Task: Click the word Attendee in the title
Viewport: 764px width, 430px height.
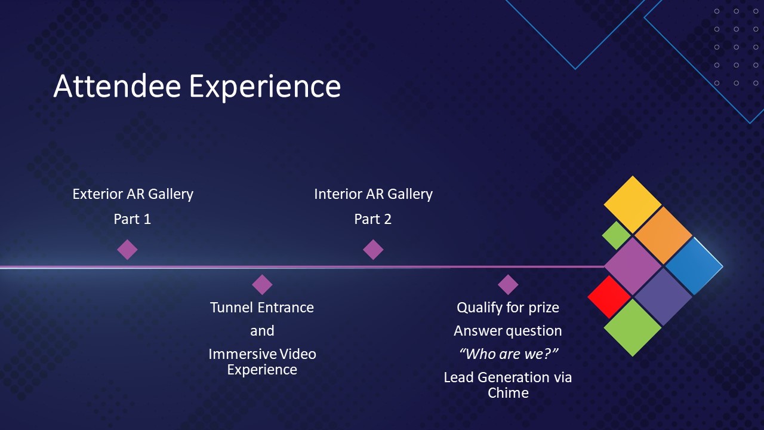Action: point(117,87)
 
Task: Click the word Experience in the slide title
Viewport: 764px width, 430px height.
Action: point(265,87)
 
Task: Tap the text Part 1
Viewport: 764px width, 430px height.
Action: point(133,219)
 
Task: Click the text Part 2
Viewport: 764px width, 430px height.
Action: point(373,219)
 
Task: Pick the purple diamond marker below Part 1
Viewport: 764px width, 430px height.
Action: point(127,249)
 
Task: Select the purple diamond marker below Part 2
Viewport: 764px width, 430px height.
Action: point(373,249)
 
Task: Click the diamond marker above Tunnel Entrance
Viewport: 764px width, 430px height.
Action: point(262,284)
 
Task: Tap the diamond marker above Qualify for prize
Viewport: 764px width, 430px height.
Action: point(508,284)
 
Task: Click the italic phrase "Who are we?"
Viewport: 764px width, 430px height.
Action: point(508,354)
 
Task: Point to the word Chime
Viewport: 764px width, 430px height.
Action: point(508,393)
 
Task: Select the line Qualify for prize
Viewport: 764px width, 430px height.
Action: point(508,308)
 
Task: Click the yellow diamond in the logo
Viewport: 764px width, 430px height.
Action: point(633,204)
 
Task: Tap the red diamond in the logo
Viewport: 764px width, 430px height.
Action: point(609,296)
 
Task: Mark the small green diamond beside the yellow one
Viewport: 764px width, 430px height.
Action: point(617,235)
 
